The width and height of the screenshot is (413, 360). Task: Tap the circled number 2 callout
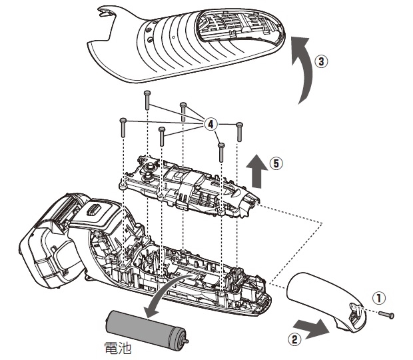coord(292,338)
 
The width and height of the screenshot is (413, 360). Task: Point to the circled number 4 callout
coord(210,124)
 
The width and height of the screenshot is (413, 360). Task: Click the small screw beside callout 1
coord(389,314)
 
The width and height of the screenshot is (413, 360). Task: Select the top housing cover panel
coord(190,47)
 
